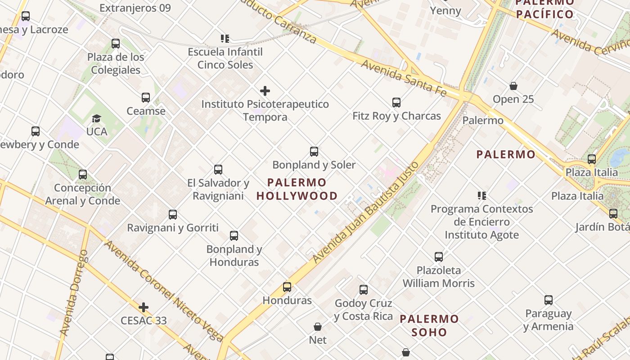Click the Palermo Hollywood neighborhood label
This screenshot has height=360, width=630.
click(x=297, y=189)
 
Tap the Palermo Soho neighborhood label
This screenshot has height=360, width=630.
click(x=429, y=326)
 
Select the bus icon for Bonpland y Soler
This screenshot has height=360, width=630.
click(x=314, y=152)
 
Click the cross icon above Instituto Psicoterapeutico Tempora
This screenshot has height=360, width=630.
click(x=265, y=91)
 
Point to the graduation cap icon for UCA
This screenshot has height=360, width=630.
click(x=96, y=118)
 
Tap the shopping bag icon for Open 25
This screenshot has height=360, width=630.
click(x=513, y=86)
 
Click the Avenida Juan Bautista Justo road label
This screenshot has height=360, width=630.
click(x=366, y=212)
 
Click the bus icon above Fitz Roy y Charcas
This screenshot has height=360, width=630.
click(x=396, y=103)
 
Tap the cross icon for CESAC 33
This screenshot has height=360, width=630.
click(x=144, y=307)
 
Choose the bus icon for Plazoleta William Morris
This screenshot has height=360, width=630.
click(x=439, y=257)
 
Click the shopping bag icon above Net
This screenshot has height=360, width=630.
click(x=318, y=327)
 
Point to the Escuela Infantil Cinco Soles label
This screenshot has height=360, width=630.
click(x=225, y=58)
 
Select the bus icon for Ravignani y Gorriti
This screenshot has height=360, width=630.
click(x=173, y=215)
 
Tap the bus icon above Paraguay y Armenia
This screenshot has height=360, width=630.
click(x=548, y=300)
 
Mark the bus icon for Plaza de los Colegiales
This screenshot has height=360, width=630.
click(x=116, y=44)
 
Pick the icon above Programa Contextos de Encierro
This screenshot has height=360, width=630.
click(x=482, y=196)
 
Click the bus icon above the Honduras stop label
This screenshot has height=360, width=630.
click(x=287, y=287)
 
